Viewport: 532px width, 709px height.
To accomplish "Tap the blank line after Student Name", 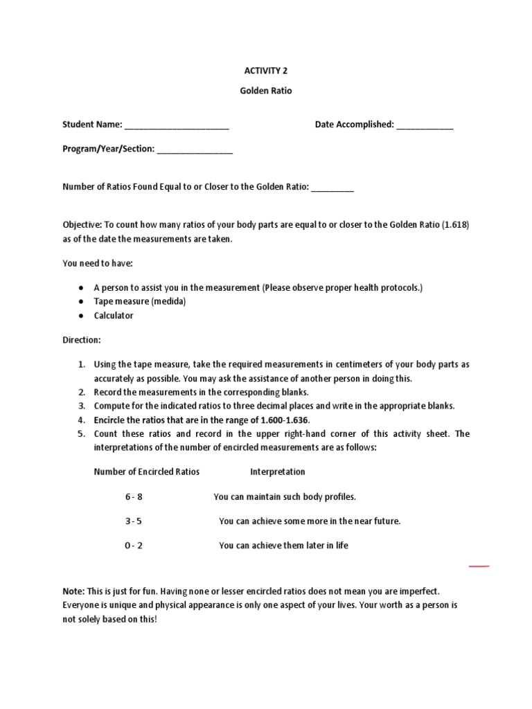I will coord(177,126).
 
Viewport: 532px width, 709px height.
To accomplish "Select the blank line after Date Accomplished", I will coord(425,126).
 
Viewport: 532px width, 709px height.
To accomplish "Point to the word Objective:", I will coord(82,226).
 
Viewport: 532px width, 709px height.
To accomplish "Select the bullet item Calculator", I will coord(114,316).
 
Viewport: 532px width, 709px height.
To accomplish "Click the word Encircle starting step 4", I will coord(112,420).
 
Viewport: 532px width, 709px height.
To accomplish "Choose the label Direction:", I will coord(82,341).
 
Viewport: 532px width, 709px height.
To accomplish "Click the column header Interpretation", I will coord(277,472).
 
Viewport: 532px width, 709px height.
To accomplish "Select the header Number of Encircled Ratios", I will coord(146,472).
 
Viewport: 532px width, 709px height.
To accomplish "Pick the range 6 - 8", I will coord(134,497).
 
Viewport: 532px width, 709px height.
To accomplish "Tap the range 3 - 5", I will coord(134,521).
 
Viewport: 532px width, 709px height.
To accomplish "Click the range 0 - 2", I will coord(134,546).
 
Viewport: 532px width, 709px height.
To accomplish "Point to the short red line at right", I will coord(479,566).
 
